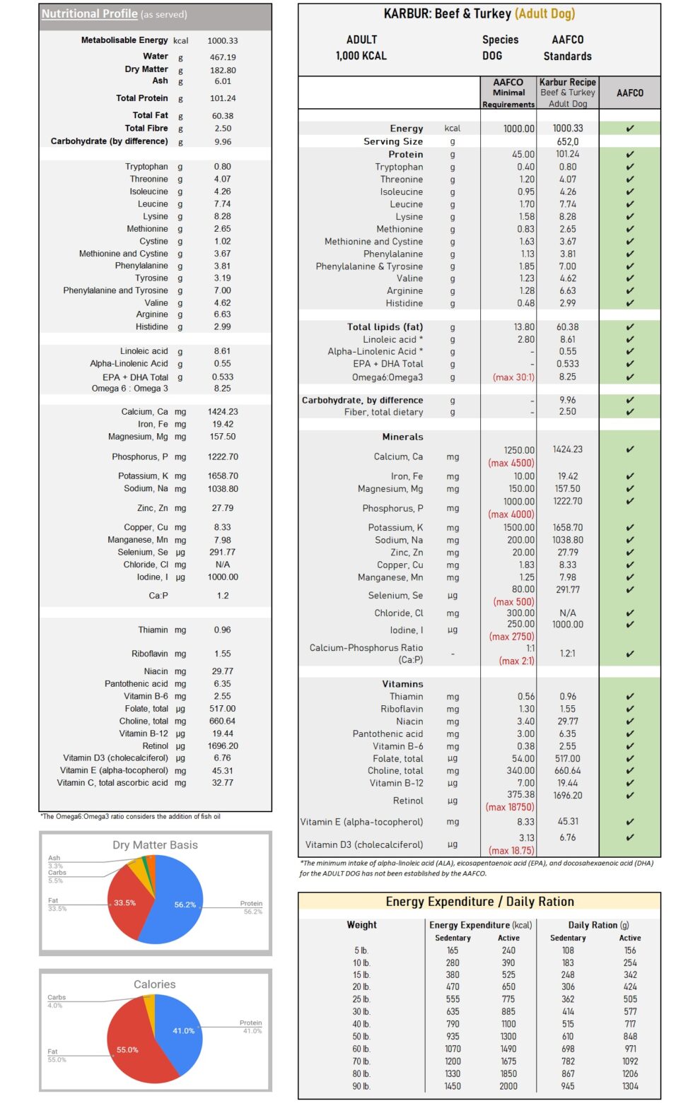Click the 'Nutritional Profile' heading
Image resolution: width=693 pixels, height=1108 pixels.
pyautogui.click(x=89, y=14)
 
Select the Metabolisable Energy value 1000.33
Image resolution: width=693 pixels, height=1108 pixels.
pyautogui.click(x=223, y=41)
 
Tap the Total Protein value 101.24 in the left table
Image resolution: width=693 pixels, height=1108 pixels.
pyautogui.click(x=223, y=98)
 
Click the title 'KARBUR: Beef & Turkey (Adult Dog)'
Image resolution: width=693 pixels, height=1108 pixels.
pyautogui.click(x=479, y=14)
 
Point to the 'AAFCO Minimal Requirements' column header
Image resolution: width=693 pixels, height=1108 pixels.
pyautogui.click(x=508, y=93)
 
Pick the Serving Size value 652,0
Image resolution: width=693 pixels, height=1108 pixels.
pyautogui.click(x=567, y=141)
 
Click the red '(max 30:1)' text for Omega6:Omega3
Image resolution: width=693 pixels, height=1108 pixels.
pyautogui.click(x=513, y=377)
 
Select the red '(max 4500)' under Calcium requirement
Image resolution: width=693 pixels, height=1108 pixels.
pyautogui.click(x=511, y=464)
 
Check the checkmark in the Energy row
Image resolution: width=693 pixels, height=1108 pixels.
pyautogui.click(x=629, y=129)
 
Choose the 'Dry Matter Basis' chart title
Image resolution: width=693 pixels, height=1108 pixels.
pyautogui.click(x=155, y=845)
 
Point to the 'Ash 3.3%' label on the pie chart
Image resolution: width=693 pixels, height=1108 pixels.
pyautogui.click(x=55, y=862)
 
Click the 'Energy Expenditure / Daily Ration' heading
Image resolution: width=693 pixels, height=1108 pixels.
pyautogui.click(x=479, y=902)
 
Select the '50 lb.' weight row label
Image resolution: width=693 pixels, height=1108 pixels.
pyautogui.click(x=361, y=1037)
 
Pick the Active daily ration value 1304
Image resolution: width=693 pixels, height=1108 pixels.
pyautogui.click(x=629, y=1086)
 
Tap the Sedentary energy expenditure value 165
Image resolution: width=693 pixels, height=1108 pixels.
pyautogui.click(x=453, y=950)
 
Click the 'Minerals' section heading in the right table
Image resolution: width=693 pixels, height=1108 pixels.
pyautogui.click(x=402, y=437)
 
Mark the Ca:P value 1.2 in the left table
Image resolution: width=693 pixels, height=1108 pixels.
pyautogui.click(x=223, y=596)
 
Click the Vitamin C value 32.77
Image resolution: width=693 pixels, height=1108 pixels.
pyautogui.click(x=223, y=783)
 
